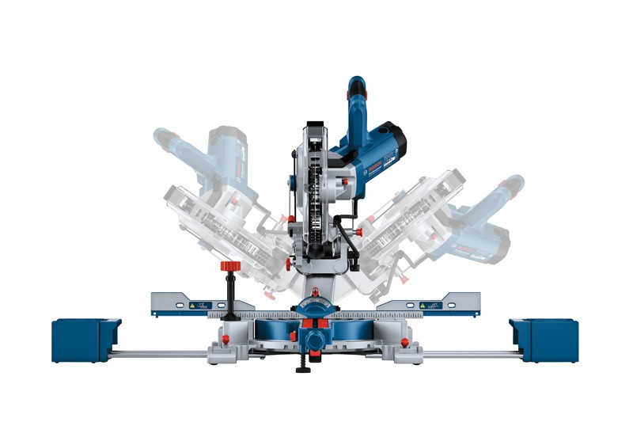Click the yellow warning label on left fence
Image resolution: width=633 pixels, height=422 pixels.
coord(191,304)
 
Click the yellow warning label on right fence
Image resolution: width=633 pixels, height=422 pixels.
coord(423,304)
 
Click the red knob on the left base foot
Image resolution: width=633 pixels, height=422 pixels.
coord(225,341)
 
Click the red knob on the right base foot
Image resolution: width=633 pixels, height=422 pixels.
coord(404,342)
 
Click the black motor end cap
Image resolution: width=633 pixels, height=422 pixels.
coord(396,138)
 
